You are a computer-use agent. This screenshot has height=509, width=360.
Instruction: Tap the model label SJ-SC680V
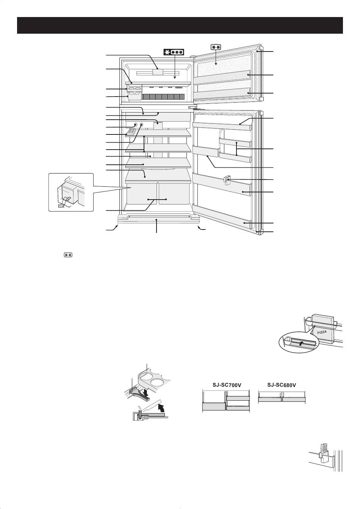click(282, 385)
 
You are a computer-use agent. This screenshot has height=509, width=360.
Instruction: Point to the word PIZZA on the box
click(322, 332)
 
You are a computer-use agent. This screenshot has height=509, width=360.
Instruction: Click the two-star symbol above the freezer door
click(215, 47)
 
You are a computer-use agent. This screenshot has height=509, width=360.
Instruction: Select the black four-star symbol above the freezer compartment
click(174, 52)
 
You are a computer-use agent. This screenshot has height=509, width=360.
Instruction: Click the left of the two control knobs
click(135, 125)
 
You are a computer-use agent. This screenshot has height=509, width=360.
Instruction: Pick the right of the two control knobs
click(141, 125)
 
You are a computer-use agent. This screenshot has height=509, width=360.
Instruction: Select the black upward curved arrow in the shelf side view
click(161, 409)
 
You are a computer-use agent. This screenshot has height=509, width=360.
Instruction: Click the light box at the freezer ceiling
click(158, 72)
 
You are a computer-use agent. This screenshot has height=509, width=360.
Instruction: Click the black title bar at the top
click(180, 25)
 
